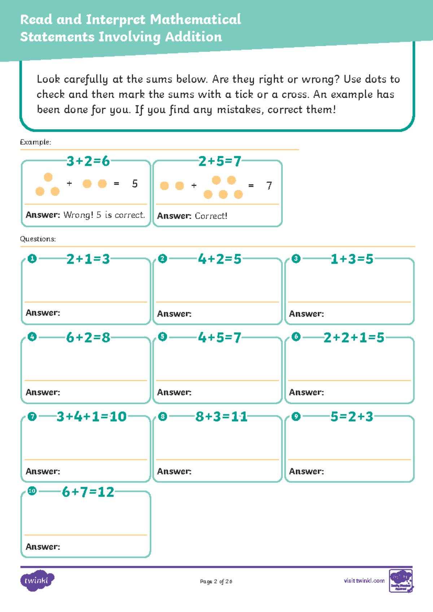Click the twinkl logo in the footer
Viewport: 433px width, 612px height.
coord(37,580)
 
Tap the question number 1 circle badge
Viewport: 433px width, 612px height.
coord(32,259)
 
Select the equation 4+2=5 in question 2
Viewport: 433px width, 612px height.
coord(219,259)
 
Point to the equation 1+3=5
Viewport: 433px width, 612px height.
coord(352,259)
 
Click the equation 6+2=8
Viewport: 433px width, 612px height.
coord(88,338)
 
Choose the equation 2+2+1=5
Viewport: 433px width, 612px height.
coord(354,338)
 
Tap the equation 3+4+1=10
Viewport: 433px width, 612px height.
coord(91,417)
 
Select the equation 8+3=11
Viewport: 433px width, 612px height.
coord(221,417)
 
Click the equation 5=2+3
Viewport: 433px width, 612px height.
coord(352,417)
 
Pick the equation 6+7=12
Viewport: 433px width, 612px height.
coord(88,492)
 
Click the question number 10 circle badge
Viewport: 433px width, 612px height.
coord(32,491)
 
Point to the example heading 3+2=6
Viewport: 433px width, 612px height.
coord(88,161)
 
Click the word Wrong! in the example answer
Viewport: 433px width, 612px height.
coord(78,215)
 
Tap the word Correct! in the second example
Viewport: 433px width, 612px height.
coord(211,216)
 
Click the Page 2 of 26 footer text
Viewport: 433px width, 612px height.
coord(216,581)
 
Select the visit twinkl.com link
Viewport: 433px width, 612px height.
coord(364,581)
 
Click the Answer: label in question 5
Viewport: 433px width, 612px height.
coord(174,392)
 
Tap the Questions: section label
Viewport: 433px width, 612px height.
coord(38,239)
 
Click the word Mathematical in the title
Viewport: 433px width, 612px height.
coord(195,19)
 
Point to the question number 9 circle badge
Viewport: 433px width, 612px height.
coord(296,416)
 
